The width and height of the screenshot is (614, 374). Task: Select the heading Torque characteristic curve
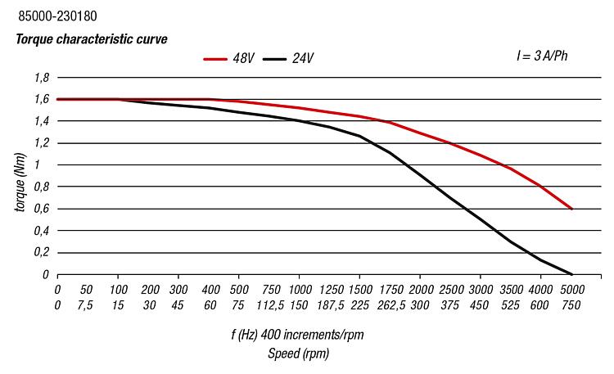90,38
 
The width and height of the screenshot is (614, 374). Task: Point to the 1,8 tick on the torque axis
42,78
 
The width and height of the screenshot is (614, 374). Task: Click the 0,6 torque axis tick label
42,210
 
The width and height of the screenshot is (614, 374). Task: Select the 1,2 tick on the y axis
42,143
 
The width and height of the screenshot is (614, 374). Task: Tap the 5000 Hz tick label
571,290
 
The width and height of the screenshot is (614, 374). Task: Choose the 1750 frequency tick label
391,290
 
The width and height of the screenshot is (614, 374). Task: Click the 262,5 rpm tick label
391,305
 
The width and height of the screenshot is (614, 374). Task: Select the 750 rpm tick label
571,305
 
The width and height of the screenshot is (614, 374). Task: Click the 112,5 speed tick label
270,305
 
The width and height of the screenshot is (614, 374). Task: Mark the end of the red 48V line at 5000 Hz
571,210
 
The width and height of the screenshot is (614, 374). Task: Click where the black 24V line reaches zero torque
571,274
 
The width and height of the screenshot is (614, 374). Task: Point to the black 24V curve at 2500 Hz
451,197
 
